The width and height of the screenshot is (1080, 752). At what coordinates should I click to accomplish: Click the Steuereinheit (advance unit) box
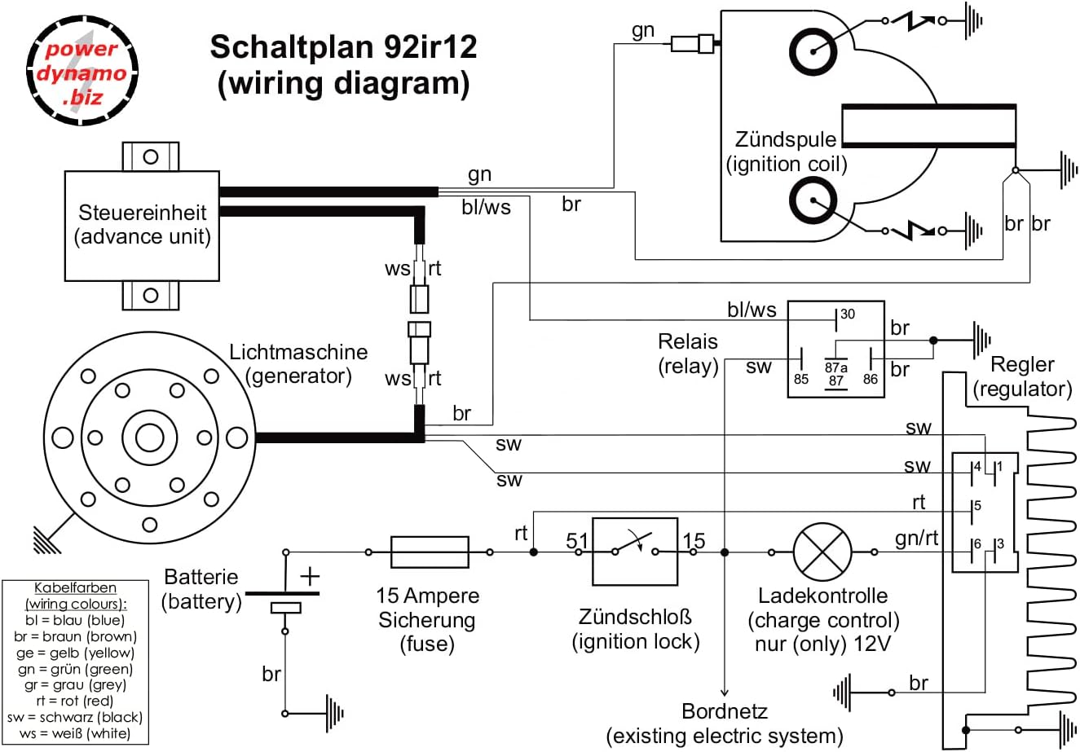143,225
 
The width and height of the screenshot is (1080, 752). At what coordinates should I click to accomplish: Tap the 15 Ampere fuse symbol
430,552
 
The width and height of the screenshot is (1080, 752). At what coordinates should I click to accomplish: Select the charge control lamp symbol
822,552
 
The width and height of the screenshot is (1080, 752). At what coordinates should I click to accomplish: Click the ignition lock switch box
635,552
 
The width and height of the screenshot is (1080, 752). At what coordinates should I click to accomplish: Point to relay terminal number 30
847,314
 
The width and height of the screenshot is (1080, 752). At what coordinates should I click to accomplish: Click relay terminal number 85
802,379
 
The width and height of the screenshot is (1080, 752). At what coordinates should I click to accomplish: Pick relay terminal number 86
870,379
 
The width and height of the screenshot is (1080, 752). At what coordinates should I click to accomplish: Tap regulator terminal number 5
977,506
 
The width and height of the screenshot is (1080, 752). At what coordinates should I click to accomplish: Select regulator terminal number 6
976,545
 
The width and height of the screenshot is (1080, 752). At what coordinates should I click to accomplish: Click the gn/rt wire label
917,539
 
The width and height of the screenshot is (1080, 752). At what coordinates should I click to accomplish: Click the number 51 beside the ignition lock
577,541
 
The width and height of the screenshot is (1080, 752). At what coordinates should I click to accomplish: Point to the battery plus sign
310,576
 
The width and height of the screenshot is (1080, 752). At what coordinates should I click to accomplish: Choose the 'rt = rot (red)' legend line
76,701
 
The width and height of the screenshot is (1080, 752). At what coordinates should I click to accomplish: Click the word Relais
688,342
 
